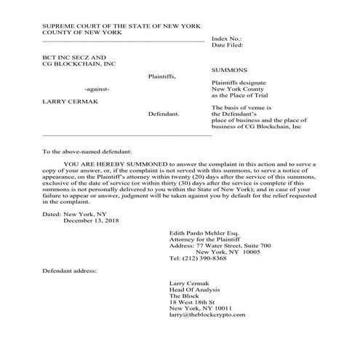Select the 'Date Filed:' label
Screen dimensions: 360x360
[x=229, y=45]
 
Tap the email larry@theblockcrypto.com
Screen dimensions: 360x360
[x=207, y=316]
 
